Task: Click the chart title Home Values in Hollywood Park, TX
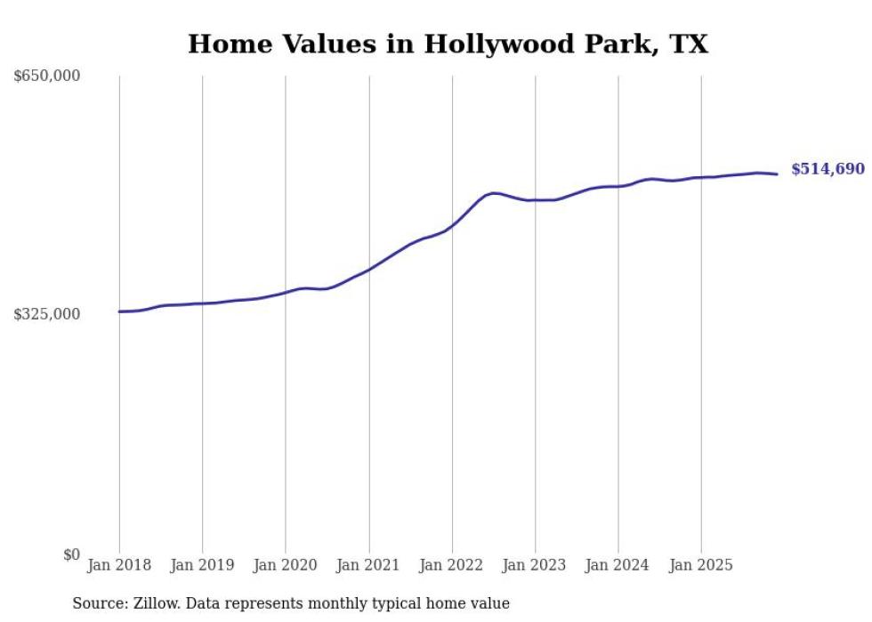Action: click(448, 44)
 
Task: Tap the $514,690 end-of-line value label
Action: click(827, 169)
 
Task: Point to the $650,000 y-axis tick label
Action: click(47, 77)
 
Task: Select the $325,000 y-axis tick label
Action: click(47, 314)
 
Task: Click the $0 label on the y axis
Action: click(71, 554)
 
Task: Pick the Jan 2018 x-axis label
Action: click(119, 565)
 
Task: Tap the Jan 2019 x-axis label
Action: click(203, 565)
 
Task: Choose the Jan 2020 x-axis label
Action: click(286, 565)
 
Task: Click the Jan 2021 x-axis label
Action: click(369, 565)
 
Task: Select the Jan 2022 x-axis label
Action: click(452, 565)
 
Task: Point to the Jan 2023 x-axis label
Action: click(535, 565)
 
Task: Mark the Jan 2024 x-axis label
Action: click(618, 565)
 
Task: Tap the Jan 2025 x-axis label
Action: click(701, 565)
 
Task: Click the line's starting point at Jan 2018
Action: click(119, 311)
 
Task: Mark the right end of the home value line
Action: click(777, 174)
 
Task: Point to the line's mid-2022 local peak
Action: click(494, 192)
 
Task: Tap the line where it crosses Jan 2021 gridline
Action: click(369, 269)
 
